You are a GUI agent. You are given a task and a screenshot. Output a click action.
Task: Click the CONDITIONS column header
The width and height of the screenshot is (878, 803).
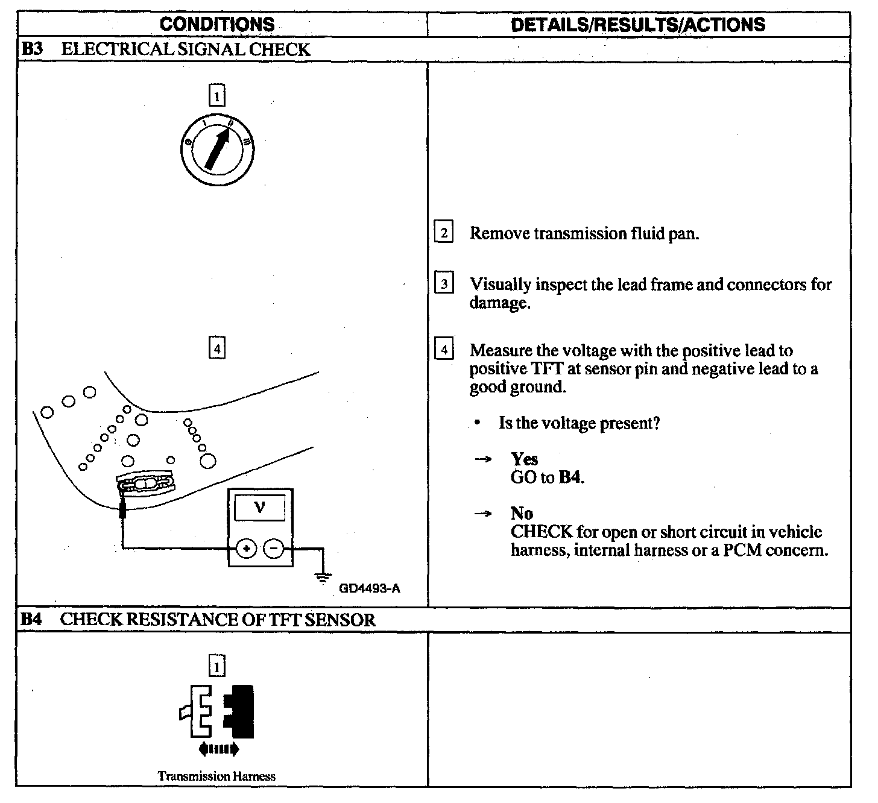click(x=217, y=24)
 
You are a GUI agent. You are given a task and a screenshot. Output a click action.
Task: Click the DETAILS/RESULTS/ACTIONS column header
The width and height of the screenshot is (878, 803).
click(x=637, y=24)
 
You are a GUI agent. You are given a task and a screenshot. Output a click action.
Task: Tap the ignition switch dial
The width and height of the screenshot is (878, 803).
click(x=216, y=148)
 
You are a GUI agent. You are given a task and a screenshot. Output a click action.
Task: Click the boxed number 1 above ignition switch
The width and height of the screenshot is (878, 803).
click(x=216, y=96)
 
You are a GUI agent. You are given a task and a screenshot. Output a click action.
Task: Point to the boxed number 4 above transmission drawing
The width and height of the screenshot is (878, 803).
click(x=216, y=348)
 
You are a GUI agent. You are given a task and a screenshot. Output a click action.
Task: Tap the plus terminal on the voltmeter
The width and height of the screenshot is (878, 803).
click(x=246, y=549)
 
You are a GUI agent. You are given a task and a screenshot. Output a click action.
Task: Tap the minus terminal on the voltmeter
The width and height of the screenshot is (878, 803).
click(x=274, y=549)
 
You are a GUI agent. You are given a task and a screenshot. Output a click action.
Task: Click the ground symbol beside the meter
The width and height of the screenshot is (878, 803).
click(x=324, y=576)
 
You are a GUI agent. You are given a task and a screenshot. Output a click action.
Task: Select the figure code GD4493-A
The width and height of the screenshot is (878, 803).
click(x=369, y=588)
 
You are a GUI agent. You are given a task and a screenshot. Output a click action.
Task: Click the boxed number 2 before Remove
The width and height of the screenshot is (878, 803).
click(x=444, y=233)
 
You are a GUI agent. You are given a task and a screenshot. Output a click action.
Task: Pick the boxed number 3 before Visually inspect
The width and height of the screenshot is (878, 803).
click(x=444, y=283)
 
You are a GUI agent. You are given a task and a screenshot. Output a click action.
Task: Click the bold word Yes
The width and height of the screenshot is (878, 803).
click(x=524, y=459)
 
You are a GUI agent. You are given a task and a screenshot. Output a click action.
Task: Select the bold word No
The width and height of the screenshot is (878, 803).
click(x=522, y=514)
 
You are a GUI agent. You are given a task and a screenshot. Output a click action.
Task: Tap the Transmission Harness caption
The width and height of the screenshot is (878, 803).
click(x=216, y=776)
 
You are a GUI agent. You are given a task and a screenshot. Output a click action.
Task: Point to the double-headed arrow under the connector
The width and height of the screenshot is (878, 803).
click(x=218, y=749)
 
